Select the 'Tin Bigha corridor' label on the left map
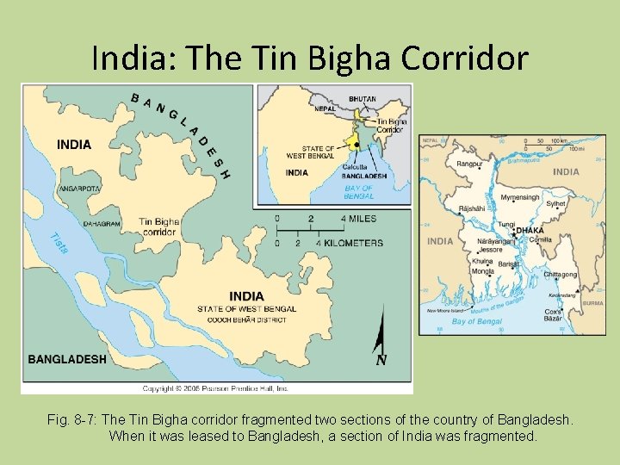[159, 226]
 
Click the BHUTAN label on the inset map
[362, 99]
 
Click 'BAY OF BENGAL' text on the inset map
[358, 192]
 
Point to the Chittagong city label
[560, 275]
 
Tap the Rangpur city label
[468, 164]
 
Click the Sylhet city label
[556, 205]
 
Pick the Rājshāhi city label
[472, 208]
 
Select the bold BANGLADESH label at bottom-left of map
[67, 359]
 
